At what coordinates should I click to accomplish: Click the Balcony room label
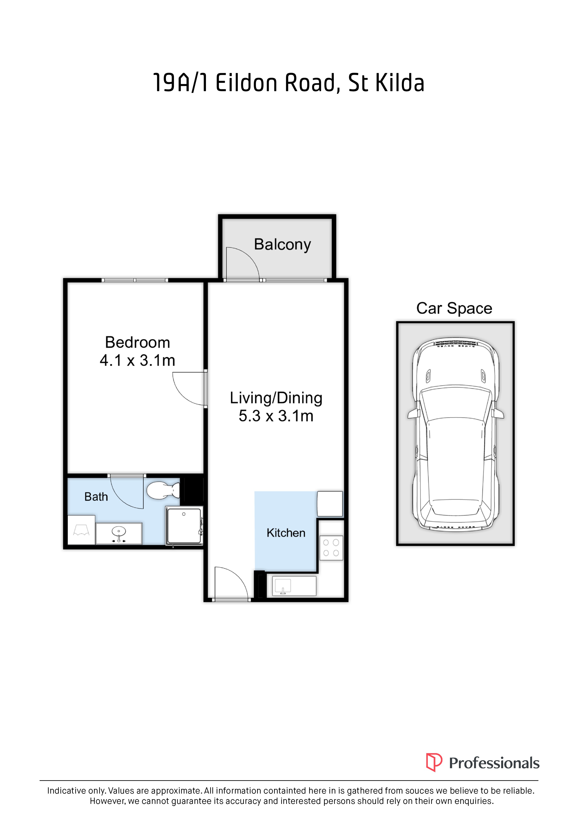tap(282, 245)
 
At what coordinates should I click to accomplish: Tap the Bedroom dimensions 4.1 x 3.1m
tap(138, 361)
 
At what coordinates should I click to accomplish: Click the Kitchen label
tap(286, 533)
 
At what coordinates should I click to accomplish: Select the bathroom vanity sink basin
tap(119, 532)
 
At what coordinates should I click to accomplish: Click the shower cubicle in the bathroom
tap(184, 525)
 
